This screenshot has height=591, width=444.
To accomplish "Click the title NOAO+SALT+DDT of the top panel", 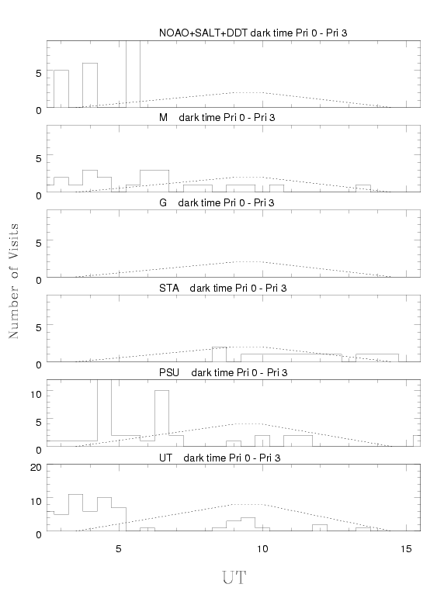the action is (x=253, y=33).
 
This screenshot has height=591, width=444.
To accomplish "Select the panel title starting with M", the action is (x=217, y=118).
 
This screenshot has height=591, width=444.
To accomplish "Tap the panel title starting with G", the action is (x=217, y=202).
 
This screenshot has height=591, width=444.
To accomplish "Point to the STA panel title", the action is (x=223, y=288).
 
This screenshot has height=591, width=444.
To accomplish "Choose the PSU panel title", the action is (x=223, y=372).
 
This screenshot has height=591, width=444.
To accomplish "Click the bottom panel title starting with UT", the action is (x=220, y=458).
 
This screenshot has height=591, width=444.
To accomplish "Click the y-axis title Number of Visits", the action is (x=13, y=281).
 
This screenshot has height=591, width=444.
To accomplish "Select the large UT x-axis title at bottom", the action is (x=234, y=578).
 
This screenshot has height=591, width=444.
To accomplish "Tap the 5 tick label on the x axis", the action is (x=119, y=549).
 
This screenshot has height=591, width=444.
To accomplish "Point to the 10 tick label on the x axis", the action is (x=262, y=549).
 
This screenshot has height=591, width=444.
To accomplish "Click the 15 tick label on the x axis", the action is (x=406, y=549).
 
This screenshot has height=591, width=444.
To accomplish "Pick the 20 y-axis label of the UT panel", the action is (x=36, y=468).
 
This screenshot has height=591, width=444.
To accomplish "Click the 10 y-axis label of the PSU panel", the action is (x=36, y=394).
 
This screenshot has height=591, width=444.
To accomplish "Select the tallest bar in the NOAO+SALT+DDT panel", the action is (x=133, y=74).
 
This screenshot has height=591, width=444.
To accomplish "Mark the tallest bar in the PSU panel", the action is (x=105, y=413).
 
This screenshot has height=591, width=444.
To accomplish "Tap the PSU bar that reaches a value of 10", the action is (x=161, y=418).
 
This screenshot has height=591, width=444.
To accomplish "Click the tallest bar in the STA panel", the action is (x=220, y=354).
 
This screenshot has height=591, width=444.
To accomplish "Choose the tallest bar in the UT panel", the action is (x=76, y=513).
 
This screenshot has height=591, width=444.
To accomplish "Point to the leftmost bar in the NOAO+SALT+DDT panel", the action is (x=61, y=88).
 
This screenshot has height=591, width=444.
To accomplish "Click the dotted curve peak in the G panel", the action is (x=248, y=261).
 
